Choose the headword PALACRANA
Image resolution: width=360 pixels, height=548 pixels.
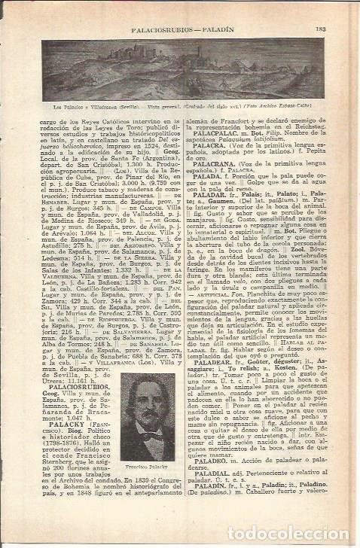212,163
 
